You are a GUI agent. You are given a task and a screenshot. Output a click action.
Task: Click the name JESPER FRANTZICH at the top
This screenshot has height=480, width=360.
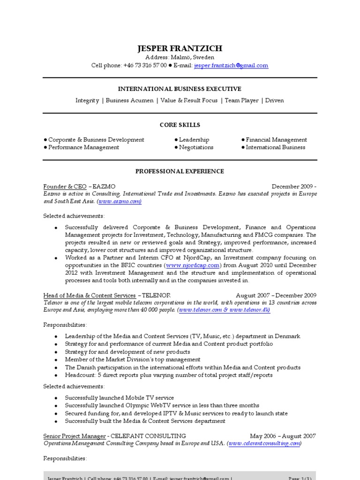coord(180,48)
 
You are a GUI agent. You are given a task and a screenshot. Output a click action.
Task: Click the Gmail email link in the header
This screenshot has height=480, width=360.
coord(231,66)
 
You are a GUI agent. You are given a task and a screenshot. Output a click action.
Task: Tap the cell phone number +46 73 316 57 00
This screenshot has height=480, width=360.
coord(145,66)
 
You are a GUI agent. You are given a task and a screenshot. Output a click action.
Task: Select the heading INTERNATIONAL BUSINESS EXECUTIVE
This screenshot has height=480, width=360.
coord(180,89)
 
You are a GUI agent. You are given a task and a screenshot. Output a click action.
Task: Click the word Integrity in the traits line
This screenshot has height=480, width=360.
coord(87,100)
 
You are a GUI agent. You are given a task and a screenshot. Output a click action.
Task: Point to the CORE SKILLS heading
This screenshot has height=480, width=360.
coord(180,125)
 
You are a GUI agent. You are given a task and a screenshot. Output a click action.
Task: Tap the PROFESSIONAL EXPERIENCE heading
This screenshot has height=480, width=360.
coord(180,172)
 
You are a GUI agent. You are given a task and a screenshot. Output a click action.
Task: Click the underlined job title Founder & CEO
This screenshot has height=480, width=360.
coord(65,186)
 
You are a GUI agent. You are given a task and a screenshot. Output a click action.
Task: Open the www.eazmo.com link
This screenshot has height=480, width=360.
coord(120,201)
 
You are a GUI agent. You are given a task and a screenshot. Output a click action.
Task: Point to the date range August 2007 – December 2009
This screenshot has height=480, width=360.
coord(276,295)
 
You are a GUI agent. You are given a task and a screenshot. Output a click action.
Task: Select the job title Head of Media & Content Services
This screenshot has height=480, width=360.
coord(90,295)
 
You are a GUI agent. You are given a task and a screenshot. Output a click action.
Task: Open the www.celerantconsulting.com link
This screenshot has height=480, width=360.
coord(264,443)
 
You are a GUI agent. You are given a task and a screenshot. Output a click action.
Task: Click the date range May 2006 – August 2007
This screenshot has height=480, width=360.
coord(283,436)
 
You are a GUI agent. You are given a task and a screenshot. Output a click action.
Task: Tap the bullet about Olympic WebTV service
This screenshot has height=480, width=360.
coord(162,405)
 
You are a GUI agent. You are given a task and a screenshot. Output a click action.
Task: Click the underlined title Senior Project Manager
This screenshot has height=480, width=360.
coord(74,436)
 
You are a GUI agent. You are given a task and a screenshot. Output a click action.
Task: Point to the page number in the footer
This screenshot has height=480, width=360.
coord(300,478)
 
